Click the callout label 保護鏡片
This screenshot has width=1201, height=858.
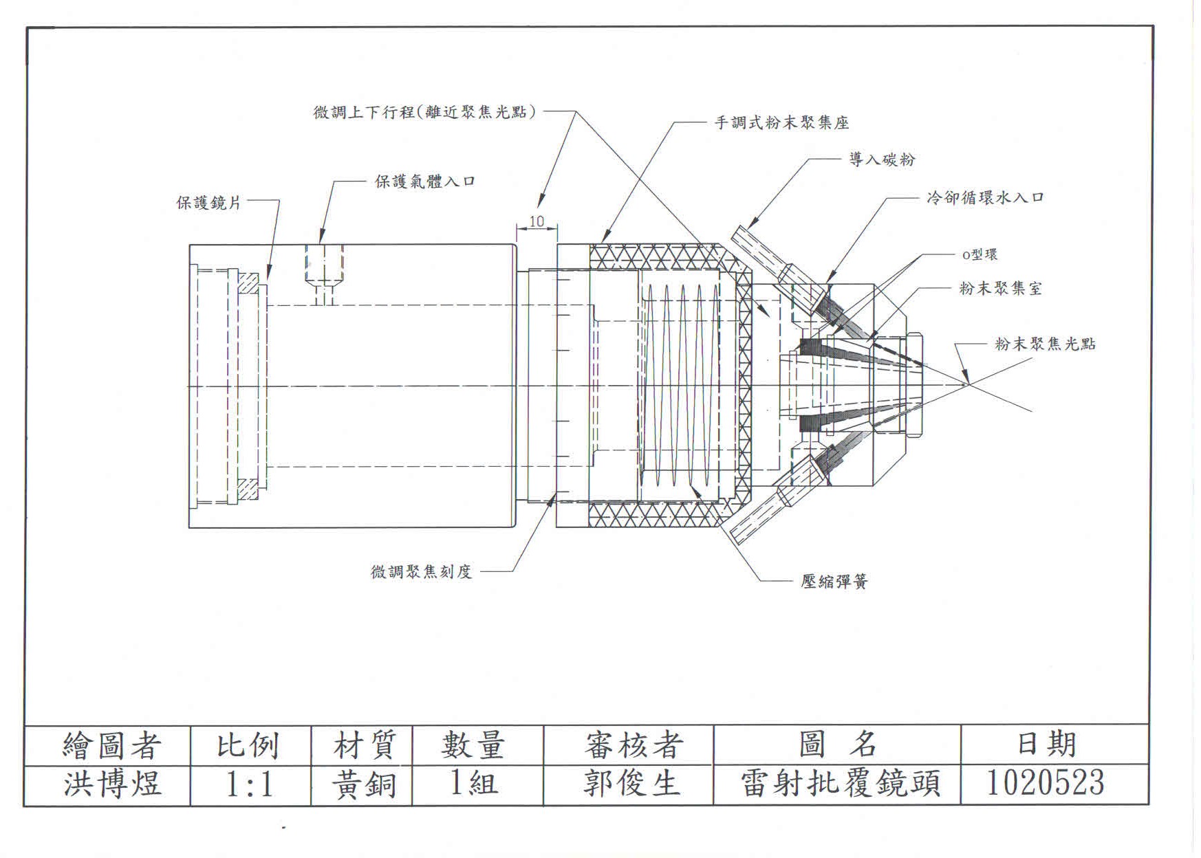coord(209,203)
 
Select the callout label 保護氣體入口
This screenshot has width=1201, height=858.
coord(424,181)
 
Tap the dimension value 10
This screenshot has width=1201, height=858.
coord(537,221)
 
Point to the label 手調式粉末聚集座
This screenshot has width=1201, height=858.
coord(782,123)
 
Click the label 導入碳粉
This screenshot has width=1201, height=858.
coord(882,159)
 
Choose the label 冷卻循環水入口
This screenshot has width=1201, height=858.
coord(985,198)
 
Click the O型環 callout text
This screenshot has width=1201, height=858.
coord(980,255)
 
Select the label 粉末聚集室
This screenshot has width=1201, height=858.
coord(1000,289)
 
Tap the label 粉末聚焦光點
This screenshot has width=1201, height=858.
coord(1045,344)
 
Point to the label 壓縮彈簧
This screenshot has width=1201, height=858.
coord(834,582)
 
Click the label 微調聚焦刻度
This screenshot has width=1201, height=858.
coord(421,571)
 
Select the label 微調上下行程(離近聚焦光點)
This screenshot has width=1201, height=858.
coord(424,112)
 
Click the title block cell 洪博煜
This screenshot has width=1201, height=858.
coord(112,784)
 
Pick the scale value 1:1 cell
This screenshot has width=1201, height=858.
coord(250,784)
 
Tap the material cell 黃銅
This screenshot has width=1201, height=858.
coord(363,784)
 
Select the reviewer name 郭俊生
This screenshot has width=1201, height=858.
coord(631,783)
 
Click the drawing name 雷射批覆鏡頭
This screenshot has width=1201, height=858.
coord(839,783)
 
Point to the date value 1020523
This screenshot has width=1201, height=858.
coord(1045,782)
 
